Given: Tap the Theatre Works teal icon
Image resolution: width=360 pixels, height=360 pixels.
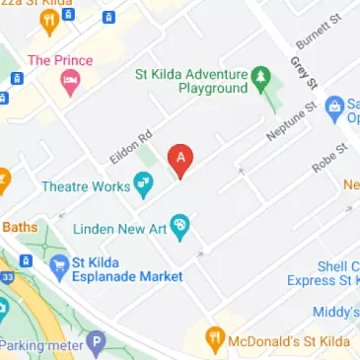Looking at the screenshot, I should point(144,182).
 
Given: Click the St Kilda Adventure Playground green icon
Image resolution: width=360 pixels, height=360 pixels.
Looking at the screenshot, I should point(260,75).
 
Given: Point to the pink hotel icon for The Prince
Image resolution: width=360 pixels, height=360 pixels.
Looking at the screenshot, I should point(68,84).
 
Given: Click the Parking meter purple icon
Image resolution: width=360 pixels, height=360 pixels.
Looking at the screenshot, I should point(95,345).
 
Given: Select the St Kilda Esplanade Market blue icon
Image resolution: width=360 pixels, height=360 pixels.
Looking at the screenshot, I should point(57,264).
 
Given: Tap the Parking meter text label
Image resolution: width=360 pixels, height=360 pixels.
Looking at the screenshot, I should point(42,345).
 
